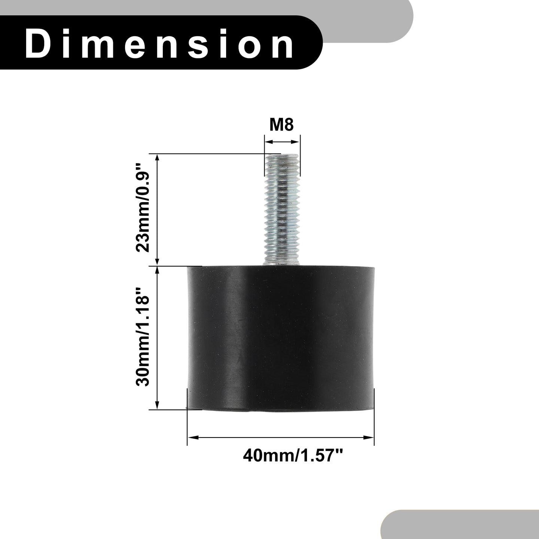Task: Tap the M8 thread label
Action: coord(281,125)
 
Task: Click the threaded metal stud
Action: coord(281,210)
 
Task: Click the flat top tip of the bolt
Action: coord(281,155)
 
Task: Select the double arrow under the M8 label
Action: coord(282,142)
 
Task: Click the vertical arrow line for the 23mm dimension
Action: coord(158,210)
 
